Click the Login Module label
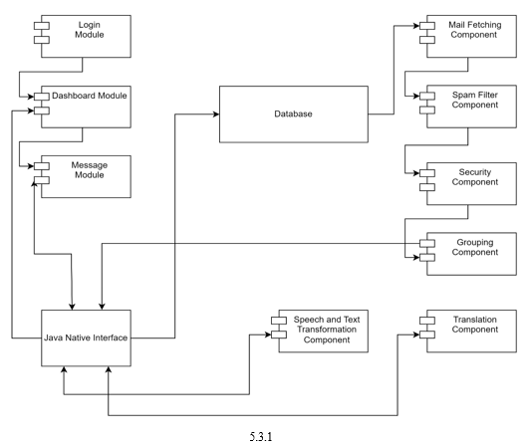90,30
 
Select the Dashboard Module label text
90,96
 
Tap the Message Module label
90,170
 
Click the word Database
293,113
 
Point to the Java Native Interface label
86,337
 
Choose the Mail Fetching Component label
474,30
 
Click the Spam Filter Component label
474,100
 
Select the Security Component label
474,177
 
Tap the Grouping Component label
474,247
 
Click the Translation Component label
474,325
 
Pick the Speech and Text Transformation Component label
327,330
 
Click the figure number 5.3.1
261,436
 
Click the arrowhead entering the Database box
216,114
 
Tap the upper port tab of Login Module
42,26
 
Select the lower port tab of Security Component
427,187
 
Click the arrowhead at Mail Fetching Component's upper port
416,26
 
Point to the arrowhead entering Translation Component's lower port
416,335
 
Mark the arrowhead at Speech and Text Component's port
268,335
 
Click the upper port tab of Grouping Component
427,243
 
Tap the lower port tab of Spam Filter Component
427,110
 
